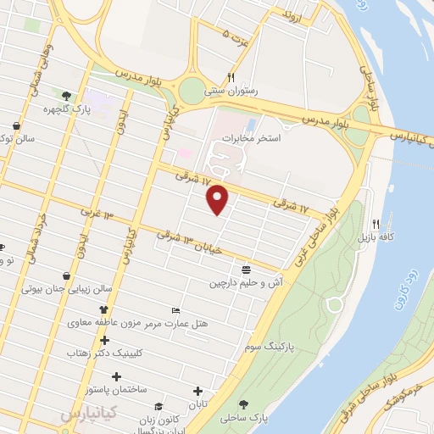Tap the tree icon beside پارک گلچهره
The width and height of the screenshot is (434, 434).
[66, 96]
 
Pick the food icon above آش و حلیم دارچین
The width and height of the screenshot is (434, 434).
[246, 270]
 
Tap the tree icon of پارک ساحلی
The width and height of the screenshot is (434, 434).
[245, 405]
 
